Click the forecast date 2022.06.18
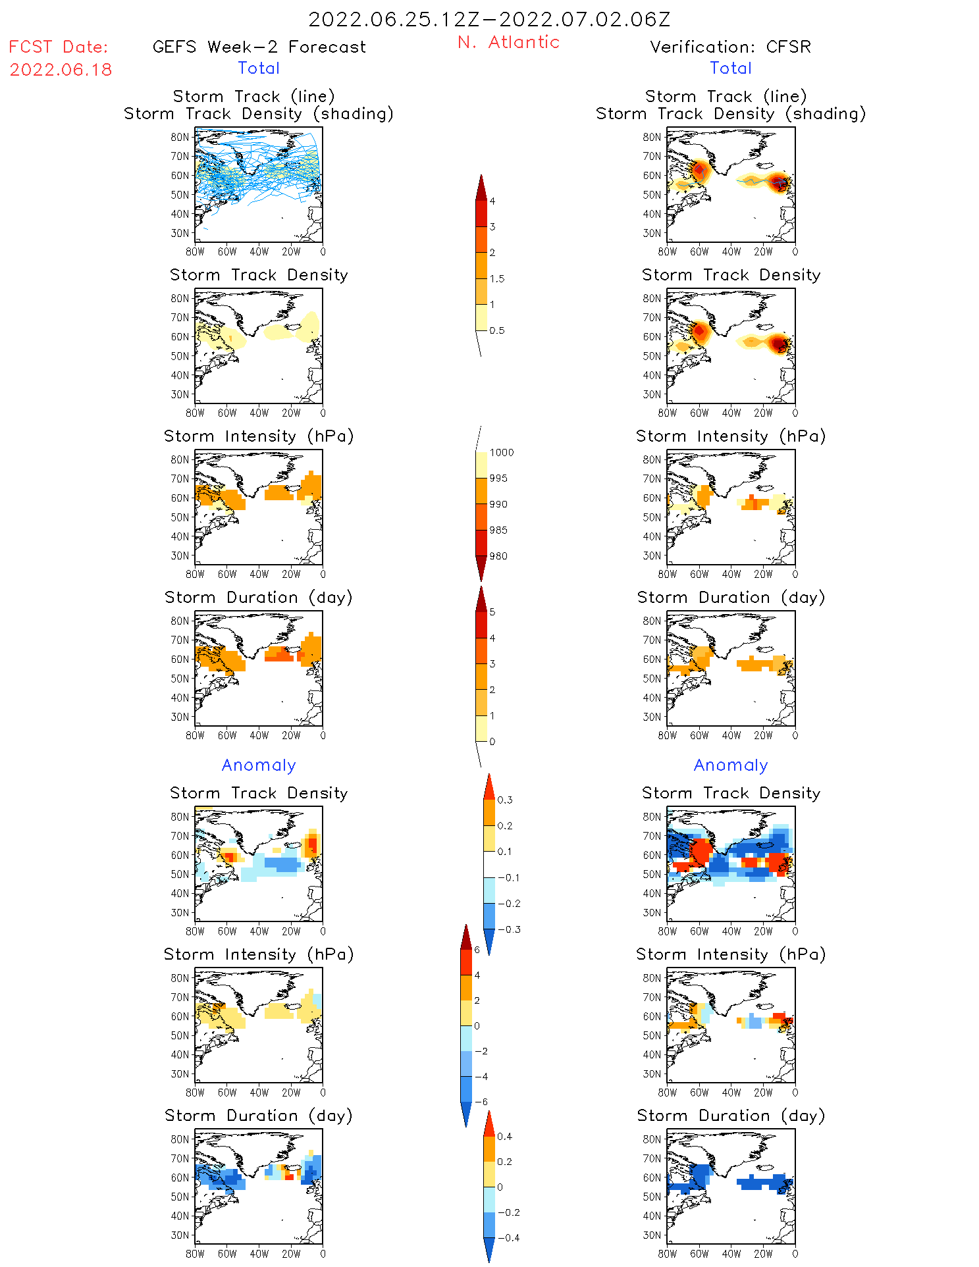tap(61, 70)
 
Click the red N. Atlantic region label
tap(508, 42)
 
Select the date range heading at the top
tap(489, 19)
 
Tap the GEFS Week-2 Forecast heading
tap(259, 47)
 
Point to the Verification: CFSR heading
tap(730, 47)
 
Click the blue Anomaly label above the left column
tap(259, 765)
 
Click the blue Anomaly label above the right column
tap(731, 765)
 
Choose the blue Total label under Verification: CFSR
tap(731, 68)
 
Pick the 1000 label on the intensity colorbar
tap(502, 453)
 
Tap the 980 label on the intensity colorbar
tap(498, 556)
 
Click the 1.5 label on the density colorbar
tap(497, 279)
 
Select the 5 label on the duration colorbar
tap(492, 612)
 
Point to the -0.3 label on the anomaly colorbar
tap(509, 929)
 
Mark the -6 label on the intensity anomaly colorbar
tap(481, 1102)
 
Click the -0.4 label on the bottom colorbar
tap(508, 1237)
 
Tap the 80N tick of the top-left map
tap(180, 137)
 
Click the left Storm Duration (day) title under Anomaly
tap(259, 1116)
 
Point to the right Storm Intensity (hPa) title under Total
tap(731, 436)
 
